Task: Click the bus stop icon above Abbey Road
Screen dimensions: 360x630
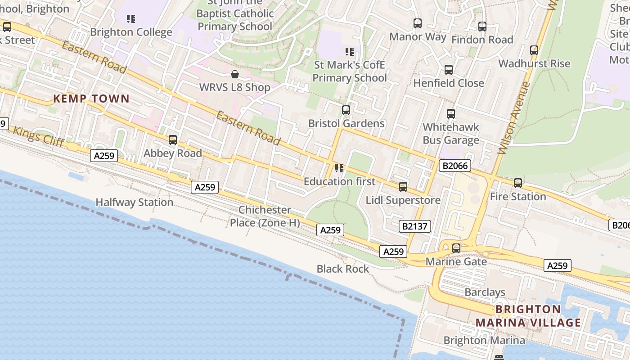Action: pos(173,140)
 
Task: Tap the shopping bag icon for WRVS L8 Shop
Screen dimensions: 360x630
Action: pos(234,74)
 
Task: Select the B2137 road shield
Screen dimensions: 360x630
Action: pos(414,226)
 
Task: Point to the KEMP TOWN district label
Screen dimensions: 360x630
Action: pos(91,99)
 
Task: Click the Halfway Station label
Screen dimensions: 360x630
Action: pos(135,202)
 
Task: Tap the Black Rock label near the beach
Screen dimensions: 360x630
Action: pos(343,269)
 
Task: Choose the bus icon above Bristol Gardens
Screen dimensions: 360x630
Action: pos(346,110)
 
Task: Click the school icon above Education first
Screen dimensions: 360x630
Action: pos(339,168)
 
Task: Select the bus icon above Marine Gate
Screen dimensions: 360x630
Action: pos(456,248)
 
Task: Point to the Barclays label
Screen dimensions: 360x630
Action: pos(485,292)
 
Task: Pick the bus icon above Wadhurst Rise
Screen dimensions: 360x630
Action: pos(534,50)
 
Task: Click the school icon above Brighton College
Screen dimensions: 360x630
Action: pos(131,19)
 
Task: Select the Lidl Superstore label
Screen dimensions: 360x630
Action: pos(403,200)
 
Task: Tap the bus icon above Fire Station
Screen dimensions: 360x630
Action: pos(518,183)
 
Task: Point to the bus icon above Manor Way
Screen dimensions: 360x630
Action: pos(418,23)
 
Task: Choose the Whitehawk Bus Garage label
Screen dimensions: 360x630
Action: pos(451,134)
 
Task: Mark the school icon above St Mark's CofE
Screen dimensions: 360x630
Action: pos(349,52)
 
